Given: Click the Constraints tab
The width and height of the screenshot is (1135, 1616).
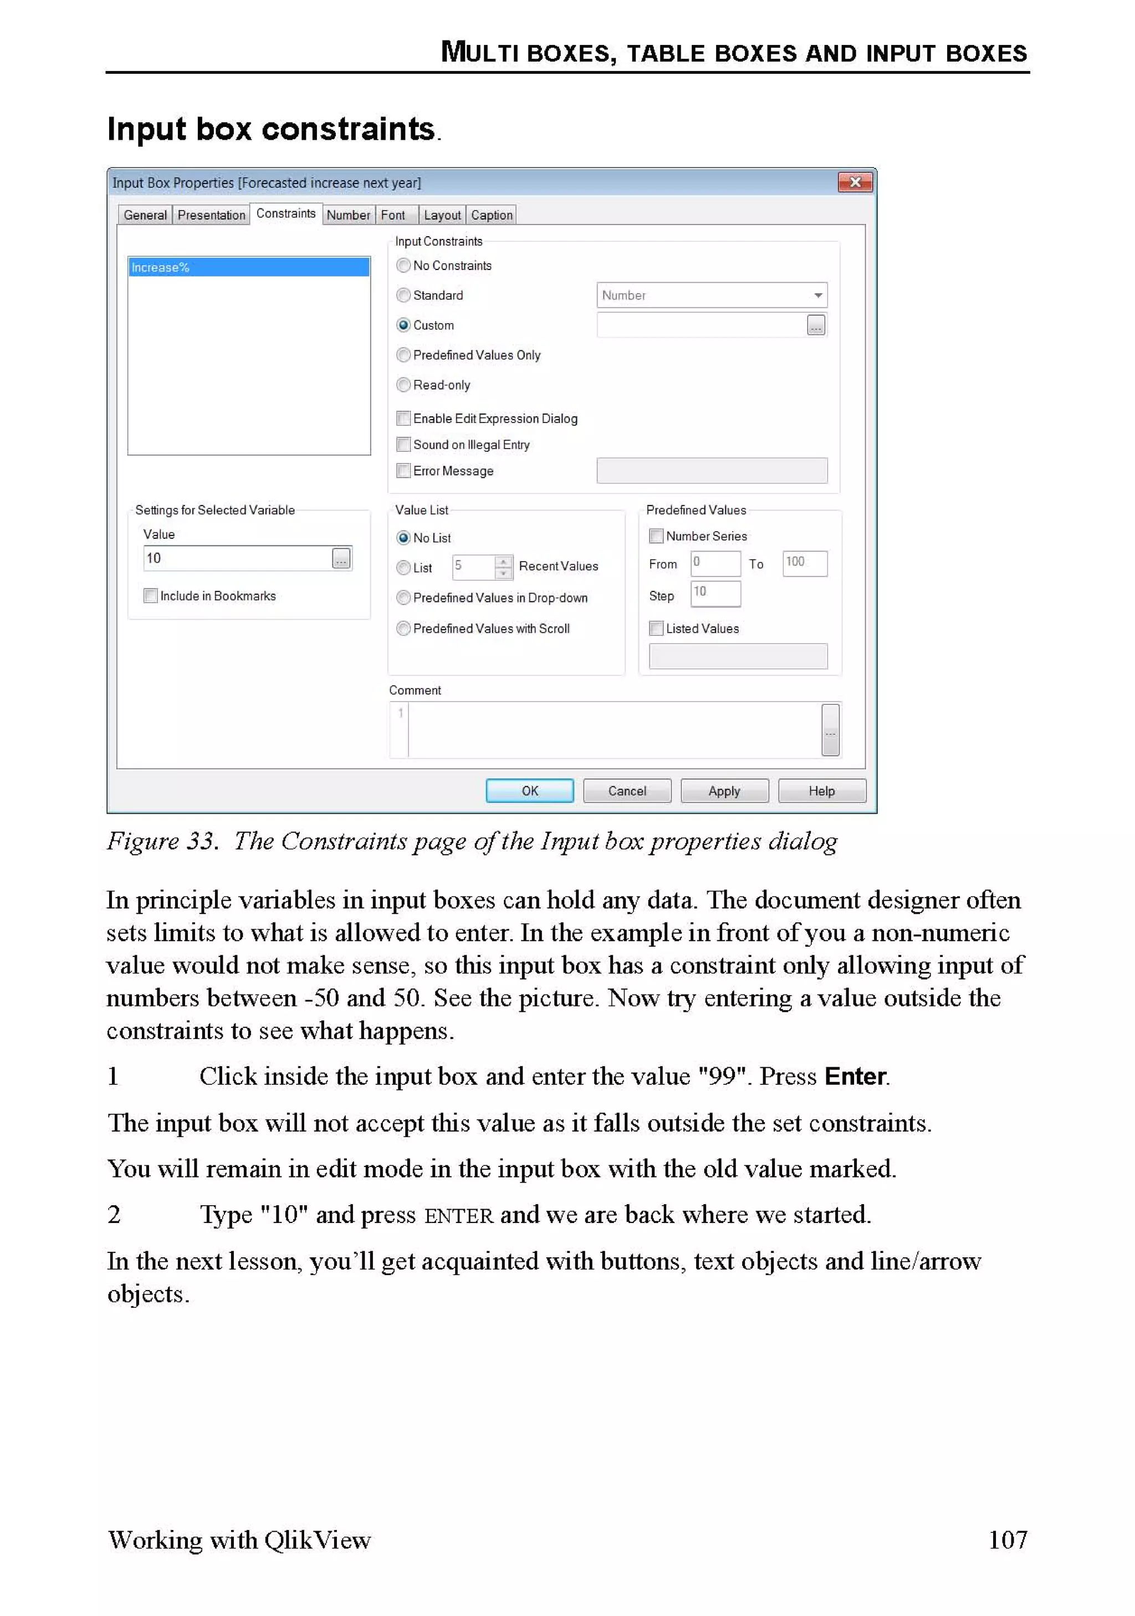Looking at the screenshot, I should click(285, 213).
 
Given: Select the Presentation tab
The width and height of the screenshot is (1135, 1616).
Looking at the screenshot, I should click(211, 215).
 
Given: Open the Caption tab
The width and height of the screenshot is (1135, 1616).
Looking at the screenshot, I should click(491, 215).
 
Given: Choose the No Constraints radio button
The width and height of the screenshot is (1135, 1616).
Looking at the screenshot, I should click(403, 266).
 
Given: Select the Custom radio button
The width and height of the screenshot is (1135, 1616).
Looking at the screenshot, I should click(403, 325).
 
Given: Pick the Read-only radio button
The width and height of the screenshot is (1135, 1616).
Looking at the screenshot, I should click(403, 385).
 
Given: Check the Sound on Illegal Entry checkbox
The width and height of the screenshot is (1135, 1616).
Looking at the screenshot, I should click(403, 445).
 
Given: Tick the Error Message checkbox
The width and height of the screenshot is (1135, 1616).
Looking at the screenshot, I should click(403, 471).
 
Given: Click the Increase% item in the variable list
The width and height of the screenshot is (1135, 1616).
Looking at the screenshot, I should click(248, 267).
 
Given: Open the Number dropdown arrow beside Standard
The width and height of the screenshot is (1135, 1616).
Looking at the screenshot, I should click(817, 295).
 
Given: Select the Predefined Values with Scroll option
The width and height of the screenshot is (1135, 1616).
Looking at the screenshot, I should click(403, 629).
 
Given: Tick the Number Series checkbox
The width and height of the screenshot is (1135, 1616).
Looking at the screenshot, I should click(656, 536).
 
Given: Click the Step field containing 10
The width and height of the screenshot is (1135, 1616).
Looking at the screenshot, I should click(715, 593).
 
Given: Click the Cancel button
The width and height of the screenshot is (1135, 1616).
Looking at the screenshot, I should click(626, 791).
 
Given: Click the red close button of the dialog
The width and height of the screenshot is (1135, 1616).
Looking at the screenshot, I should click(855, 182).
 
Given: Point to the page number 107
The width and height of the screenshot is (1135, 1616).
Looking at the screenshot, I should click(1007, 1540).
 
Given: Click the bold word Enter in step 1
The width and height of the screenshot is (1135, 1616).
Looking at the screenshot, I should click(855, 1077).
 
